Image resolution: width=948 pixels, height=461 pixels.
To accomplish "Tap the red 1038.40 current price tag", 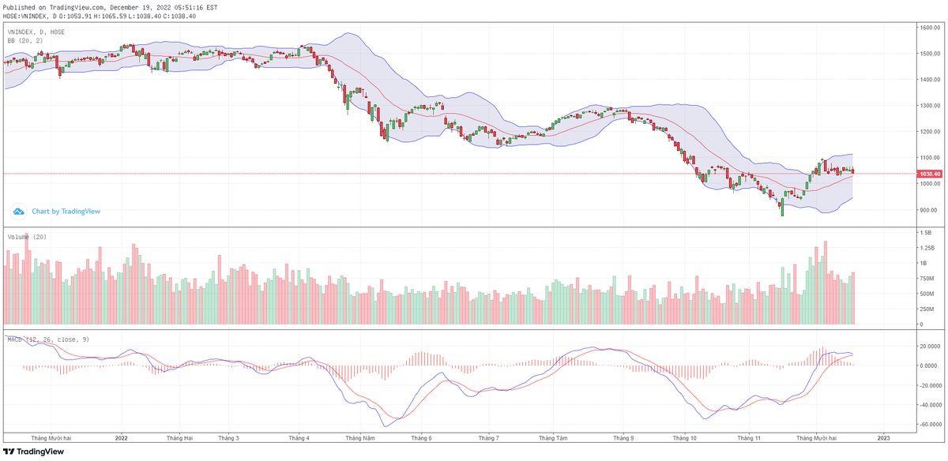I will (928, 174).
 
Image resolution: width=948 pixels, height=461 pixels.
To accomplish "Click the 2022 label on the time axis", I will (121, 437).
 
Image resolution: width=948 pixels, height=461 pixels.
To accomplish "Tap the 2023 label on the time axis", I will (883, 437).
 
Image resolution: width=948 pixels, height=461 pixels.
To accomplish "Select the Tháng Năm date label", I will (359, 437).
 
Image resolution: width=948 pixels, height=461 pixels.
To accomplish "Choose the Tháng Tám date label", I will (553, 437).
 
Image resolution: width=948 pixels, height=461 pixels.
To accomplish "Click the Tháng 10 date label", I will (684, 437).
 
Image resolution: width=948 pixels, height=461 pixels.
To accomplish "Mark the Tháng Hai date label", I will (180, 437).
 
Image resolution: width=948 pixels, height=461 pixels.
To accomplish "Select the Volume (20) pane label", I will (27, 237).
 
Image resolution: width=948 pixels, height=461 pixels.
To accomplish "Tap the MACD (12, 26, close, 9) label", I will (48, 339).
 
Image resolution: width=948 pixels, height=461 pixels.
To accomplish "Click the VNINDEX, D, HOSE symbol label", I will (36, 32).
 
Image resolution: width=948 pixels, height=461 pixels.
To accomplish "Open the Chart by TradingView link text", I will (66, 212).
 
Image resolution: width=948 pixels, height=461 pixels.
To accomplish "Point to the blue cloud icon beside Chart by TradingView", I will (18, 212).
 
